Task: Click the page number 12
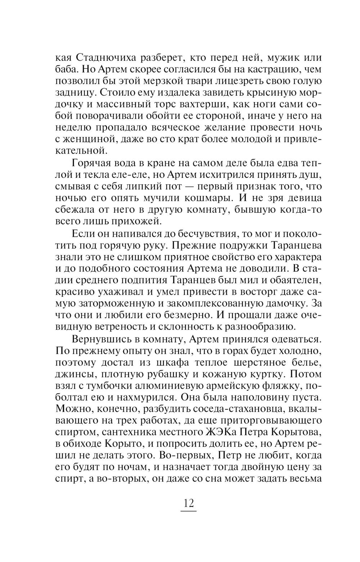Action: tap(189, 503)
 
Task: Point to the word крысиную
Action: tap(272, 92)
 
